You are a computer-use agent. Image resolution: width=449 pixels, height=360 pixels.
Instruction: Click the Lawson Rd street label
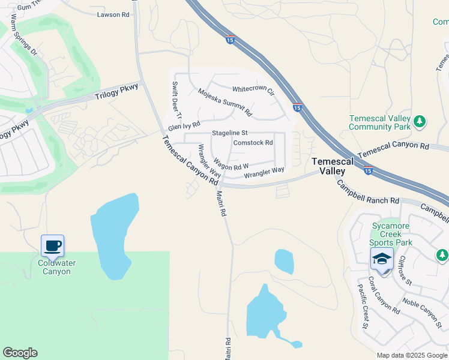(113, 14)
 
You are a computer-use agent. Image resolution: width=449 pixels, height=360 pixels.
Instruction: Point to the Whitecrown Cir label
(253, 90)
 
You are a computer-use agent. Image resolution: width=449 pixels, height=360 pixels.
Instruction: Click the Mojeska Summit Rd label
(225, 101)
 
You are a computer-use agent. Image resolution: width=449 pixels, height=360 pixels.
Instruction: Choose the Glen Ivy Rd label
(184, 127)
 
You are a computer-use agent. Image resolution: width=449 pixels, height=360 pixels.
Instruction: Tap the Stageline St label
(230, 133)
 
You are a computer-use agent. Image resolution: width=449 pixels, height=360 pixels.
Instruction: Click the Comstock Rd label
(253, 143)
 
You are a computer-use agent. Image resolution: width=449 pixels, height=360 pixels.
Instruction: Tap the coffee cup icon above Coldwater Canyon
(53, 245)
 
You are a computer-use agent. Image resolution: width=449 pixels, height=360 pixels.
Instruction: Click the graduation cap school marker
(382, 259)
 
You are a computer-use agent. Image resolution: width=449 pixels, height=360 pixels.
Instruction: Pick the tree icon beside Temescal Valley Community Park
(420, 122)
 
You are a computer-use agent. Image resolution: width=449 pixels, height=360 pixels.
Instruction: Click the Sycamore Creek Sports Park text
(391, 234)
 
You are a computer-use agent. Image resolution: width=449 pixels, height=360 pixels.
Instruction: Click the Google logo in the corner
(20, 353)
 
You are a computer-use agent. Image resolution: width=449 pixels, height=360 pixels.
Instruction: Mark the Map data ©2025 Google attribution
(411, 355)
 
